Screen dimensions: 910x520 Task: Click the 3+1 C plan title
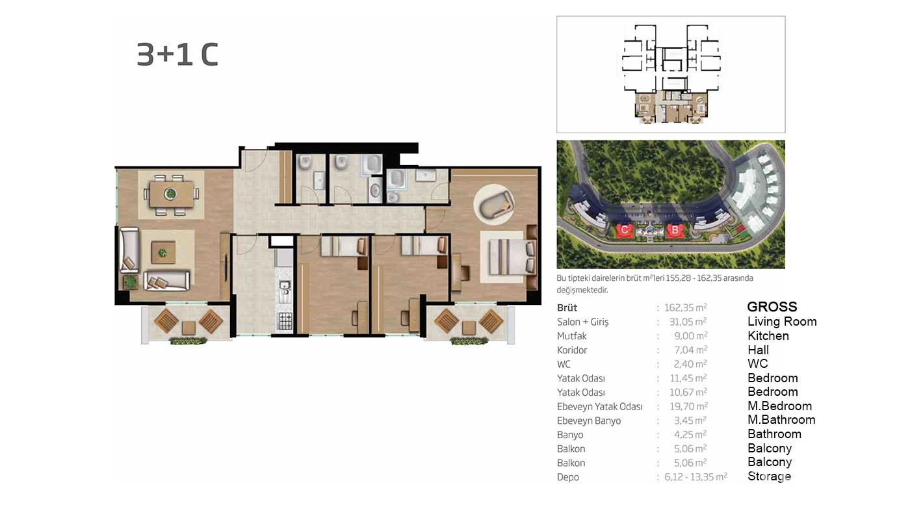coord(177,55)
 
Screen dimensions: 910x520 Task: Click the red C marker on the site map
coord(625,230)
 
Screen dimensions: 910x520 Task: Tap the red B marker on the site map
coord(675,230)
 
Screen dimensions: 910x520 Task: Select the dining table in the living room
coord(171,194)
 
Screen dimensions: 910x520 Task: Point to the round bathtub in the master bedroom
coord(494,204)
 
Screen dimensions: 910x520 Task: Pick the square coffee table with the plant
coord(163,252)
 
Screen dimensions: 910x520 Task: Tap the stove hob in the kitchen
coord(285,321)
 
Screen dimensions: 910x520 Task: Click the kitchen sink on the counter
coord(285,287)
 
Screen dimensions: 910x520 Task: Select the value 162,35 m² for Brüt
coord(686,307)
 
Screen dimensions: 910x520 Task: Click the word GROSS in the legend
coord(772,307)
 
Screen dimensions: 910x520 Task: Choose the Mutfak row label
coord(571,336)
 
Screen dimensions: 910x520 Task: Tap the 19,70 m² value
coord(688,406)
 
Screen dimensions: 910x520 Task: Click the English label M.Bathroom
coord(781,420)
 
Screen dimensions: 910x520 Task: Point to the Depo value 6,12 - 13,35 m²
coord(695,477)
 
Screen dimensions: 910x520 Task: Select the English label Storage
coord(769,476)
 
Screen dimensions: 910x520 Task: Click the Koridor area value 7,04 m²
coord(690,350)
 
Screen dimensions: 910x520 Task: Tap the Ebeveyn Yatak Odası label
coord(599,407)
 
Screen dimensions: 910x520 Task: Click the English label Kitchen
coord(768,335)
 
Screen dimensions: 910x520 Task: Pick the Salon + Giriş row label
coord(582,322)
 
